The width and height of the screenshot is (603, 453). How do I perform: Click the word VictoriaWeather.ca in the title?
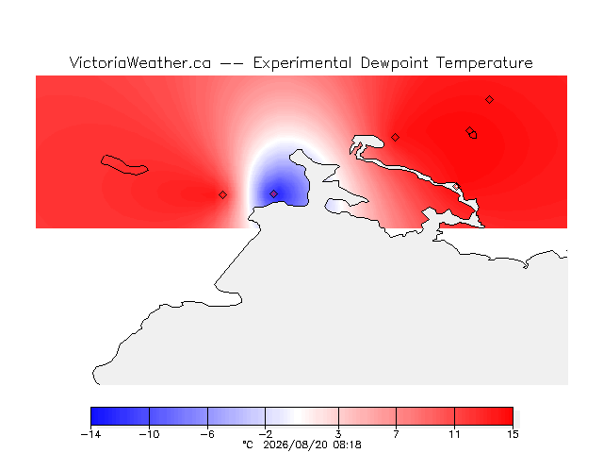tap(140, 63)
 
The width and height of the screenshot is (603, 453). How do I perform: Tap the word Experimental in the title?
tap(301, 63)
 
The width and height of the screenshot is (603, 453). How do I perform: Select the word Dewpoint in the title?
tap(394, 63)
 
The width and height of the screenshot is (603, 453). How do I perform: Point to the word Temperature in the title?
tap(484, 63)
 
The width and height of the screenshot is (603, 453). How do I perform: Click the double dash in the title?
tap(232, 63)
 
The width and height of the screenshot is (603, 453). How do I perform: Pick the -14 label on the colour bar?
tap(90, 434)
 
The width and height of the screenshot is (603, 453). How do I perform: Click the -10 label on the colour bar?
tap(149, 434)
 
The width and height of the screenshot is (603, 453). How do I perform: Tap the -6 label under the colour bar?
tap(207, 434)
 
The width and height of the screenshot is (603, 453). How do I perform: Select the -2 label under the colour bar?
tap(266, 434)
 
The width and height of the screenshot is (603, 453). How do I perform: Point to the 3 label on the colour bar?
tap(338, 434)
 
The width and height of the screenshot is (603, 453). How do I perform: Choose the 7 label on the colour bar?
tap(396, 434)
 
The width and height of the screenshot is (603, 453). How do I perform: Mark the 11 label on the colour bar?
tap(454, 434)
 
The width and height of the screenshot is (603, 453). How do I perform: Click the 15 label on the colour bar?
tap(513, 434)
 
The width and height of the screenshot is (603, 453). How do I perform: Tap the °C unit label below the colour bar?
tap(248, 445)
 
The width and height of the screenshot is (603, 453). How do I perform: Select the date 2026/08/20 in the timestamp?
tap(295, 445)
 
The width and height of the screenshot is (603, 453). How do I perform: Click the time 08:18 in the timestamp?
tap(348, 445)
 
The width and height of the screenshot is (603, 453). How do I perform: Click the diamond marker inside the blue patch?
tap(273, 193)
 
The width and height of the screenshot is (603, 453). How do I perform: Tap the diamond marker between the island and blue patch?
tap(222, 195)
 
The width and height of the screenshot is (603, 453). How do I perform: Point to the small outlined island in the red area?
tap(124, 165)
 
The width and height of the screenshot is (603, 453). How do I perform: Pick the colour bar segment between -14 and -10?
tap(120, 416)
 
